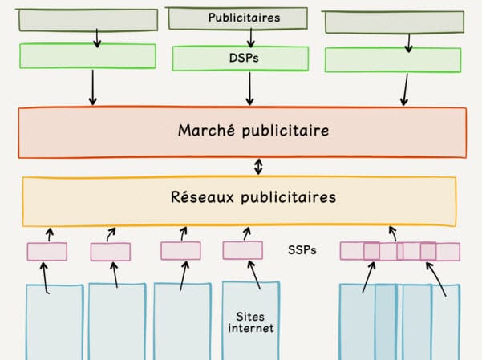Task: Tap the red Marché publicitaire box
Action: pos(241,131)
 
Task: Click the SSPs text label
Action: pos(302,250)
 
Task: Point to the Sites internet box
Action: pos(250,321)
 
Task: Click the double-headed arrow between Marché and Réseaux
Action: pos(258,167)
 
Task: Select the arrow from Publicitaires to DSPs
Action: pos(251,37)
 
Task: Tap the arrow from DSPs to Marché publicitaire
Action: pos(250,88)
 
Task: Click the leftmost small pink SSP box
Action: pos(47,252)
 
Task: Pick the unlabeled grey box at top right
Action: pos(392,22)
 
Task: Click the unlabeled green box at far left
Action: pos(87,55)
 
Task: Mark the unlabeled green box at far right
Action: pos(392,60)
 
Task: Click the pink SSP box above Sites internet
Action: pos(242,250)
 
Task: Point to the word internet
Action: pos(250,329)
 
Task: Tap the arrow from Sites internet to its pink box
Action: pos(254,275)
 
